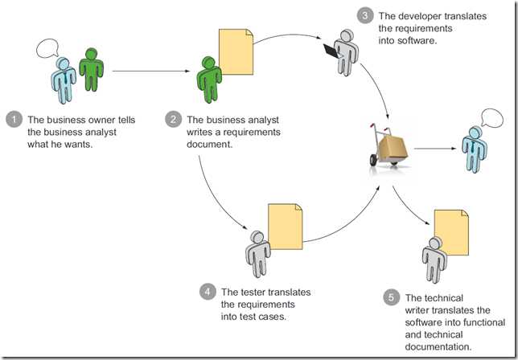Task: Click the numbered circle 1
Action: [13, 121]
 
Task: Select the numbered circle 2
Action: [173, 121]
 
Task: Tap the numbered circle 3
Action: [364, 15]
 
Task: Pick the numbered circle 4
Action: [207, 293]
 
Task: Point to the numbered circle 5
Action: [391, 298]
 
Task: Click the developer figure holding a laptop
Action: [343, 51]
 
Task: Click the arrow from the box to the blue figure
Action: [435, 148]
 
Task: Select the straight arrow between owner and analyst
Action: [149, 72]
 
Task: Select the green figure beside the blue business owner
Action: [91, 70]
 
